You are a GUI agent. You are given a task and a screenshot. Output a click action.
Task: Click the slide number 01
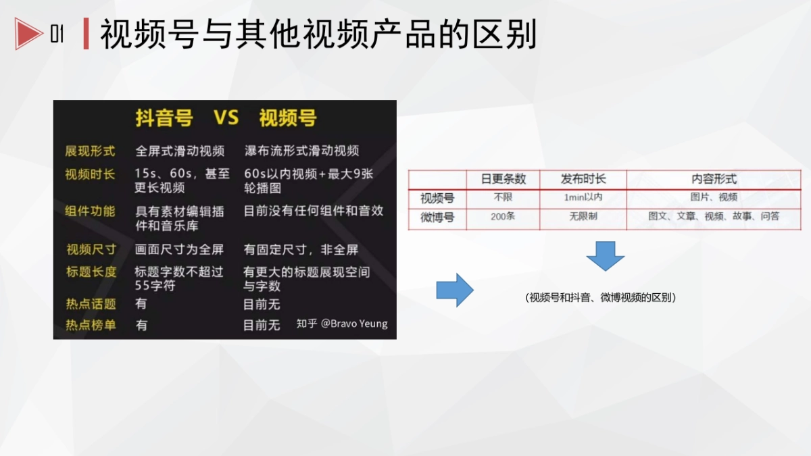pyautogui.click(x=57, y=34)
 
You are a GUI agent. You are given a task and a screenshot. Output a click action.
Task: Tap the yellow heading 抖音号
pyautogui.click(x=164, y=118)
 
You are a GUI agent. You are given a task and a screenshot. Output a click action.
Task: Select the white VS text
pyautogui.click(x=226, y=118)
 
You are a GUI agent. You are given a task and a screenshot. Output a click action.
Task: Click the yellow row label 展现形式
pyautogui.click(x=90, y=151)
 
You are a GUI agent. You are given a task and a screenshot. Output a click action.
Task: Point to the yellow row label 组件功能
pyautogui.click(x=90, y=211)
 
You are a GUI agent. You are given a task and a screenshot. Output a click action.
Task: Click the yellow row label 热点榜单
pyautogui.click(x=91, y=325)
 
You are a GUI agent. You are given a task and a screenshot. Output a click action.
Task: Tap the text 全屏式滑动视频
pyautogui.click(x=179, y=151)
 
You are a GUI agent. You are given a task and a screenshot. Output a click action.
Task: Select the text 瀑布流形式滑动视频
pyautogui.click(x=301, y=151)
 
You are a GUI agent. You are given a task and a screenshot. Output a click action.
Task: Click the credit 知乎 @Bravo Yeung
pyautogui.click(x=342, y=324)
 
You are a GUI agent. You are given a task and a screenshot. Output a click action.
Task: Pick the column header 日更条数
pyautogui.click(x=503, y=179)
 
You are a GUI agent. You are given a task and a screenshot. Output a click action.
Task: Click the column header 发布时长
pyautogui.click(x=583, y=179)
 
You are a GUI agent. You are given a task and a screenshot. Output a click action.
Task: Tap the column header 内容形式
pyautogui.click(x=714, y=179)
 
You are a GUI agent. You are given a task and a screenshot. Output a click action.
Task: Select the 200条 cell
pyautogui.click(x=503, y=217)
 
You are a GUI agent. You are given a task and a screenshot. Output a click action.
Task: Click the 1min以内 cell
pyautogui.click(x=583, y=198)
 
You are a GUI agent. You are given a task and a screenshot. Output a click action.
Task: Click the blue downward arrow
pyautogui.click(x=605, y=255)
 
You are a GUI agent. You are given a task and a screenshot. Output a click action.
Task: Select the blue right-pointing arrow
pyautogui.click(x=455, y=290)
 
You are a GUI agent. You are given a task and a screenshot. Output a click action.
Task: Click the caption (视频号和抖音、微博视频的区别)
pyautogui.click(x=601, y=297)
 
